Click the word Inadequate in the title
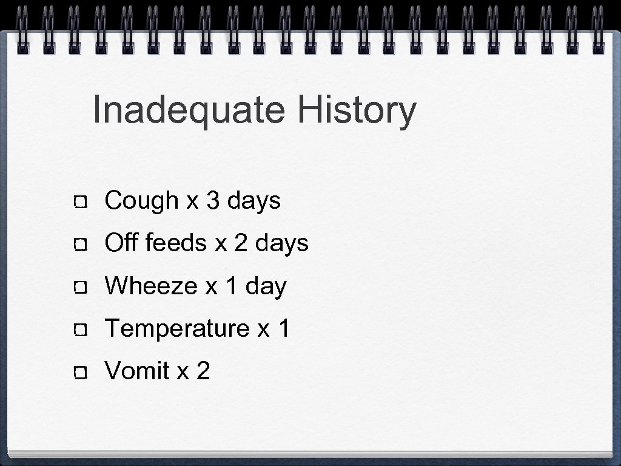click(189, 111)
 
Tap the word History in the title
click(357, 111)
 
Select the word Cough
click(141, 201)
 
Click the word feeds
click(176, 243)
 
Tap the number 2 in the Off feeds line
click(241, 243)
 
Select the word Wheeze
click(150, 285)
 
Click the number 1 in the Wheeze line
click(231, 285)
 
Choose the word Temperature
click(177, 328)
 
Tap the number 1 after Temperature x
click(284, 328)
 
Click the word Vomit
click(137, 371)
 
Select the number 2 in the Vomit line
click(203, 371)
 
